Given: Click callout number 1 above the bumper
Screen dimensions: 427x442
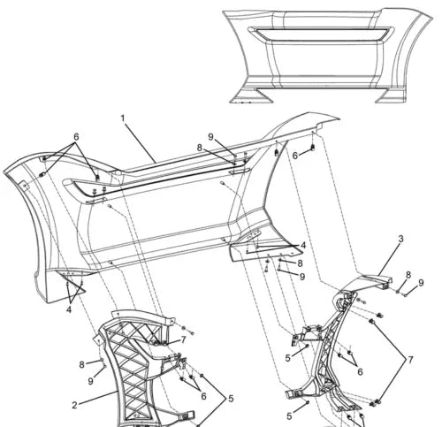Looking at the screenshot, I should [x=122, y=118].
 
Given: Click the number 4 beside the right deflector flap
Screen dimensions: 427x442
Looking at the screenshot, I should [x=303, y=246].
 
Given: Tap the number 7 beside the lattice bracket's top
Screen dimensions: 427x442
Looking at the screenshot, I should [x=183, y=339].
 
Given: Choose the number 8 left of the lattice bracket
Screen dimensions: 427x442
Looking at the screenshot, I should [x=81, y=364].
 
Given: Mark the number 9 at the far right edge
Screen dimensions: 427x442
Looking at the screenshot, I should [x=421, y=283].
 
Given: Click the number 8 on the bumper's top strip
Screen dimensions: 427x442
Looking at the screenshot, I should [x=201, y=148].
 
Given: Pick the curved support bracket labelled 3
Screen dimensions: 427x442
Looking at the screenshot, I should [x=340, y=345].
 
